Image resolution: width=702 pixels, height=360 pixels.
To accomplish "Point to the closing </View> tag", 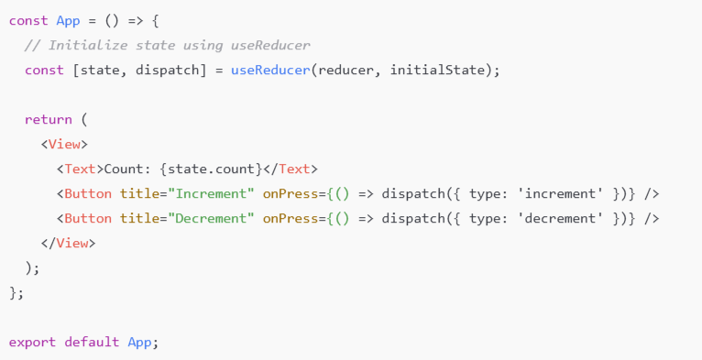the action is (68, 243).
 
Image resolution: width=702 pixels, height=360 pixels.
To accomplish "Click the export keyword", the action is (32, 342).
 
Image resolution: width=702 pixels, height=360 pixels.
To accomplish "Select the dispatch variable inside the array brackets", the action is (167, 71).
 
